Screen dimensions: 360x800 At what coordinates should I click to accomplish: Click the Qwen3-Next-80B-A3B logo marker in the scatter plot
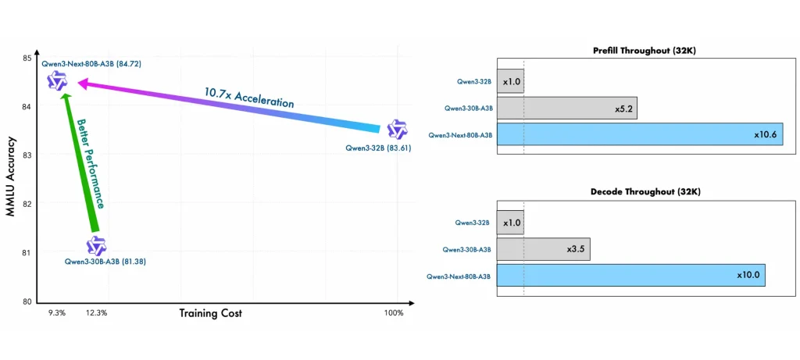[57, 80]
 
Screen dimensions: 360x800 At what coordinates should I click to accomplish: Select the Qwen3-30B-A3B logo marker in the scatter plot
[96, 246]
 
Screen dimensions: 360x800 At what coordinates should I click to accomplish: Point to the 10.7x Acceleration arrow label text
[249, 98]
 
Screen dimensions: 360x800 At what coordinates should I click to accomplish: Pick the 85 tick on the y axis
[26, 59]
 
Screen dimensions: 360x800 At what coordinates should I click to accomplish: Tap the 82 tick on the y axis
[26, 204]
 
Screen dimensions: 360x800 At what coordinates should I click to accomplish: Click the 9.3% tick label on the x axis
[57, 313]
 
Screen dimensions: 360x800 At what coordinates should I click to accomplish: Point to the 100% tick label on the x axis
[394, 313]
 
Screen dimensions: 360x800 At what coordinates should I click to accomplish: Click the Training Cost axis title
[210, 313]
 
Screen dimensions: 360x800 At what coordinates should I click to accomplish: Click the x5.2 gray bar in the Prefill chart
[566, 108]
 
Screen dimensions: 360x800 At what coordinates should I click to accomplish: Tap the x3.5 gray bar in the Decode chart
[543, 249]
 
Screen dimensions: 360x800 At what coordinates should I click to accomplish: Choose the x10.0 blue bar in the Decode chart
[630, 275]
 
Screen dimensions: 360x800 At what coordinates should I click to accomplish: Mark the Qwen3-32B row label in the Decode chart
[473, 223]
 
